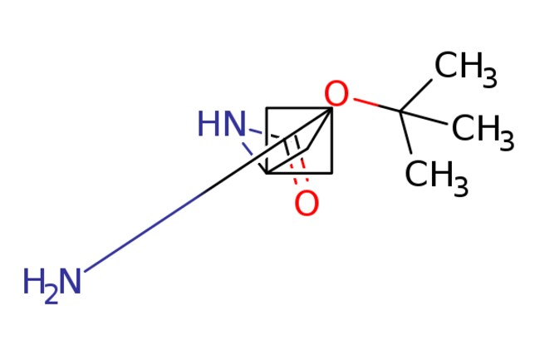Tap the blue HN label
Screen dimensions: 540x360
(222, 124)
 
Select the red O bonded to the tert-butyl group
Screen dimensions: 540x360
(336, 93)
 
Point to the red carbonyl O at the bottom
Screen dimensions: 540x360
(307, 204)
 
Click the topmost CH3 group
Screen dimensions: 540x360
(465, 69)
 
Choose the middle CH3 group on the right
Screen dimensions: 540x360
(483, 132)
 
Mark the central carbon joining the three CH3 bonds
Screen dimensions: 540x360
(400, 111)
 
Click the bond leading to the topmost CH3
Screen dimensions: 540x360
(416, 96)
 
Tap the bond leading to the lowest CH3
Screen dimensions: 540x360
(405, 132)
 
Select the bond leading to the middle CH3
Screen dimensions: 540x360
(424, 117)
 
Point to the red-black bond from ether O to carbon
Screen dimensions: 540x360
(377, 105)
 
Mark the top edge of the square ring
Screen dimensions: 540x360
(299, 109)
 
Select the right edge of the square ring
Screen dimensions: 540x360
(332, 141)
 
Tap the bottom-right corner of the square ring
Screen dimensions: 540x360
(332, 173)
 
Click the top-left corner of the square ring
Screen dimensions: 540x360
(266, 109)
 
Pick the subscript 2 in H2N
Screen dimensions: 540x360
(52, 297)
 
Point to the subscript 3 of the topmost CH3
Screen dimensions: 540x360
(490, 78)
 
